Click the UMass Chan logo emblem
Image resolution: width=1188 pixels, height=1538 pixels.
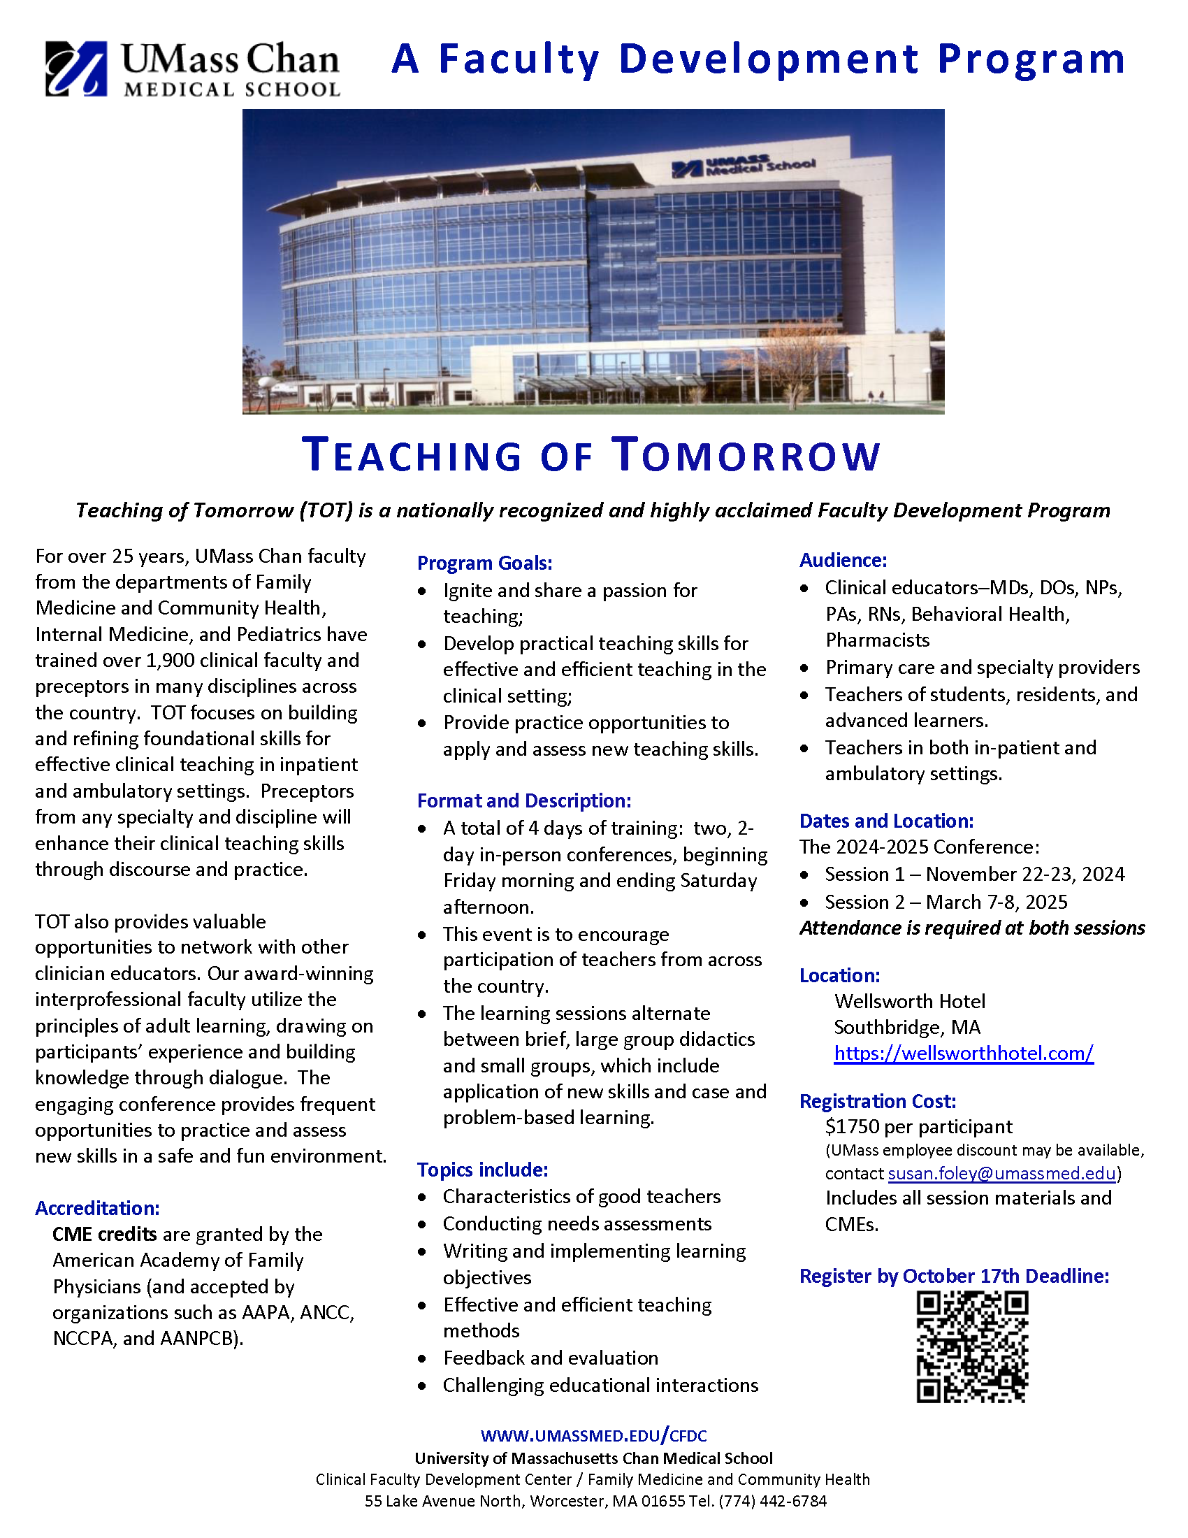pyautogui.click(x=76, y=69)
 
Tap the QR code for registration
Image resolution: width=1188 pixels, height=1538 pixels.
pyautogui.click(x=972, y=1348)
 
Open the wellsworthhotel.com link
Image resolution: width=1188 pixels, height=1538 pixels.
pyautogui.click(x=964, y=1054)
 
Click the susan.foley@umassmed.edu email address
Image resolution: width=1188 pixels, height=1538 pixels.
pyautogui.click(x=1001, y=1173)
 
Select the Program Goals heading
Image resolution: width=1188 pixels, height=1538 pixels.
pyautogui.click(x=484, y=563)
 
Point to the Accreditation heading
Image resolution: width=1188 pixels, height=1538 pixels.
pyautogui.click(x=97, y=1209)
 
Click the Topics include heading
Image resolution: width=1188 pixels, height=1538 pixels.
pyautogui.click(x=482, y=1170)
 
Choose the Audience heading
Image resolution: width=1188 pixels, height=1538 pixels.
pyautogui.click(x=843, y=561)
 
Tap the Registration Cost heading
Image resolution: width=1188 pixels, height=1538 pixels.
pyautogui.click(x=877, y=1101)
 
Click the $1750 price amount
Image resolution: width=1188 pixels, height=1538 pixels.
pyautogui.click(x=853, y=1127)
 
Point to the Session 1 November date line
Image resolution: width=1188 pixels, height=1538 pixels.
pyautogui.click(x=974, y=875)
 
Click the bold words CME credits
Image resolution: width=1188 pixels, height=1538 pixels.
pyautogui.click(x=104, y=1235)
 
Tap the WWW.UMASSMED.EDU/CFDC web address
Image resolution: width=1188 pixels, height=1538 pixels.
pyautogui.click(x=593, y=1436)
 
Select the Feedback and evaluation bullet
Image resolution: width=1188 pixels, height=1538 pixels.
pyautogui.click(x=551, y=1358)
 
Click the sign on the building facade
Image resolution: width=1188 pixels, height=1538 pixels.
pyautogui.click(x=744, y=166)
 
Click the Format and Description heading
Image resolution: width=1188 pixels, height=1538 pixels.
pyautogui.click(x=523, y=801)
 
